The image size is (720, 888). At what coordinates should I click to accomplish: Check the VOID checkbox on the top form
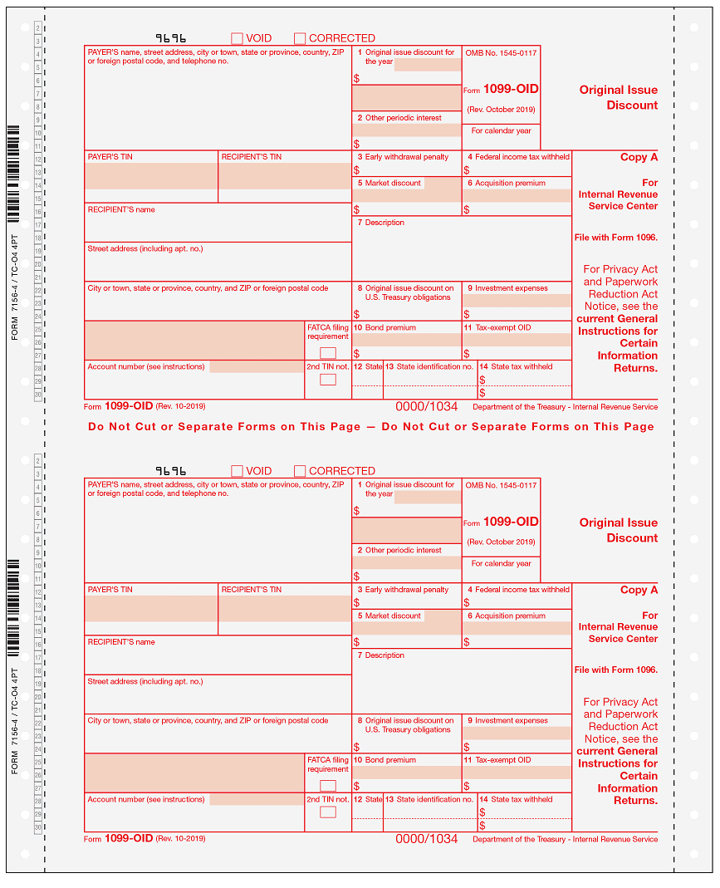(x=237, y=38)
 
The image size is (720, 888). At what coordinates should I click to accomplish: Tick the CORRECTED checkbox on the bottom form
(x=300, y=471)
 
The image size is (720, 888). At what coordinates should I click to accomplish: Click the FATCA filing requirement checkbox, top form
(x=328, y=353)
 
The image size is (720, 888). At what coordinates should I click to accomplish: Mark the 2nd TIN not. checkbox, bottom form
(x=328, y=812)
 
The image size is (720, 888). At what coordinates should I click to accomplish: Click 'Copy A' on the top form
(x=639, y=157)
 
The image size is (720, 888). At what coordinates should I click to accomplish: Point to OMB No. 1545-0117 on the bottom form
(x=501, y=485)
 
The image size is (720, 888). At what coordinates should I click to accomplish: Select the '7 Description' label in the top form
(x=380, y=223)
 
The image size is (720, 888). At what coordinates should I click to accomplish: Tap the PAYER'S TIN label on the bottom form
(x=110, y=590)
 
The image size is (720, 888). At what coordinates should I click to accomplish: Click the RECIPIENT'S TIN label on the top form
(x=252, y=157)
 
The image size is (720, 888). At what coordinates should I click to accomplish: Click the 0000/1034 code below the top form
(x=426, y=407)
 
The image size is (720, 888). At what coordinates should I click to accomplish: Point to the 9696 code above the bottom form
(x=171, y=471)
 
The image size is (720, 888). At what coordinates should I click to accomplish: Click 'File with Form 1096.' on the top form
(x=615, y=238)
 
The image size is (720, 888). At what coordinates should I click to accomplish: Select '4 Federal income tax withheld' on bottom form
(x=518, y=590)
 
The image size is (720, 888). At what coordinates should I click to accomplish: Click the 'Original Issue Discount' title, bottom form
(x=619, y=530)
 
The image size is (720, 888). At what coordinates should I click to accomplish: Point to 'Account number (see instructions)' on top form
(x=146, y=366)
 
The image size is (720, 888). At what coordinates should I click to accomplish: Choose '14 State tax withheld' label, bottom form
(x=522, y=799)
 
